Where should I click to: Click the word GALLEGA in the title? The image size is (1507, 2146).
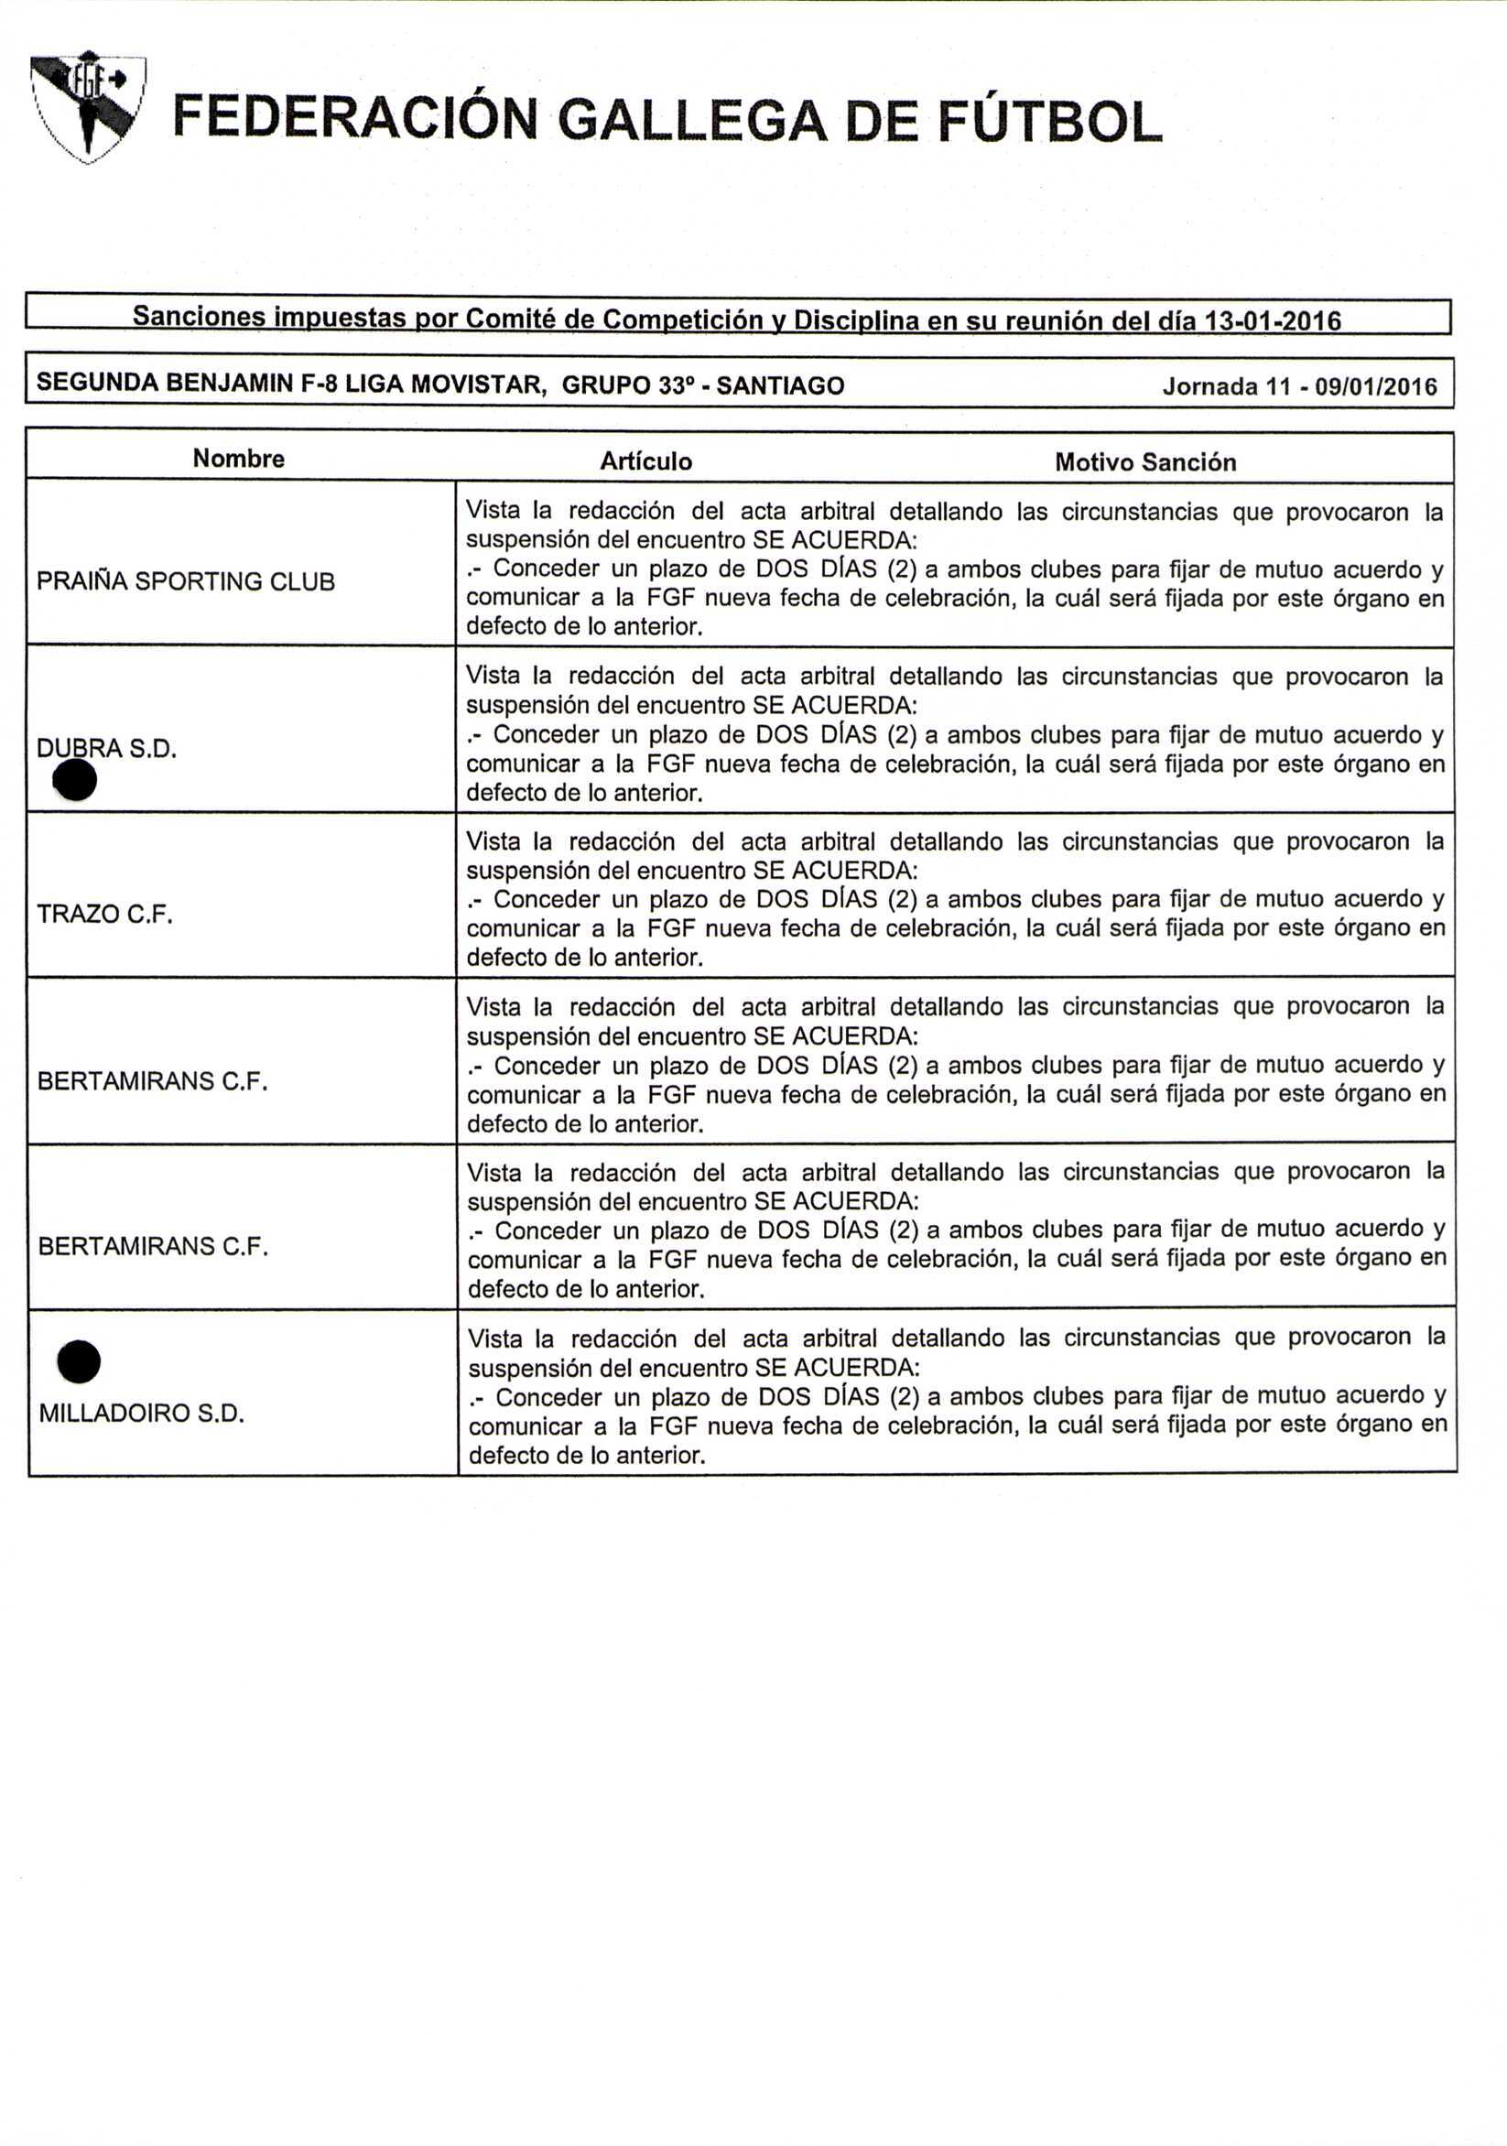[x=691, y=122]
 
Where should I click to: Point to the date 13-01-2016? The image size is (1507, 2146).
[x=1273, y=321]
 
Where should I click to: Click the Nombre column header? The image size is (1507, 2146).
[x=238, y=458]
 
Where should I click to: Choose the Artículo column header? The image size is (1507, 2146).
[x=646, y=461]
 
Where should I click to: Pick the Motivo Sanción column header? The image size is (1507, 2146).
[x=1145, y=461]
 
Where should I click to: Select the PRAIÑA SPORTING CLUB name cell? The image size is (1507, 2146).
[x=185, y=581]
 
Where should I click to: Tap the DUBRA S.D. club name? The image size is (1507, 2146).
[x=106, y=748]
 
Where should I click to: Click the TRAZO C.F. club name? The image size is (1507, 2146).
[x=104, y=913]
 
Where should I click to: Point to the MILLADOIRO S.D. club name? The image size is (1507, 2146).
[x=141, y=1413]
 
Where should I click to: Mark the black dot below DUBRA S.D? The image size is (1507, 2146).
[x=76, y=779]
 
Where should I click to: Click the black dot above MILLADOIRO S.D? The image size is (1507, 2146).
[x=79, y=1360]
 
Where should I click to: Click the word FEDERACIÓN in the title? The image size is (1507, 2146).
[x=356, y=122]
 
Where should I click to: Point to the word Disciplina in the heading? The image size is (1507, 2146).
[x=852, y=320]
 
